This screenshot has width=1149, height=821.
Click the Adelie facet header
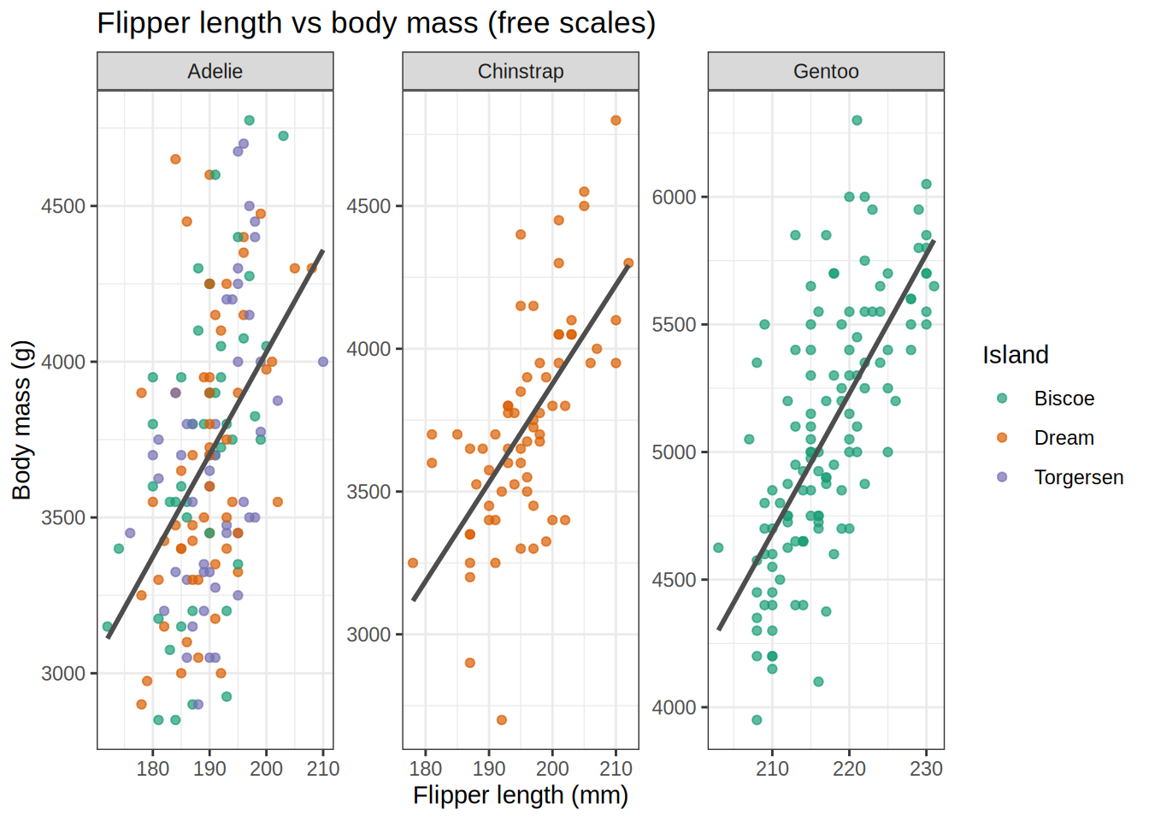pyautogui.click(x=215, y=71)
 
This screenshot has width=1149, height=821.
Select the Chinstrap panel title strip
pyautogui.click(x=520, y=71)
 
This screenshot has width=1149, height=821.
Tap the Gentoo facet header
pyautogui.click(x=826, y=71)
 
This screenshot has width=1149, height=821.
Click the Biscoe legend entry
pyautogui.click(x=1064, y=399)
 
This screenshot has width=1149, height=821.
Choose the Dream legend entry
pyautogui.click(x=1064, y=438)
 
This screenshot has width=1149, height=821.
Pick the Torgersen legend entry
pyautogui.click(x=1078, y=477)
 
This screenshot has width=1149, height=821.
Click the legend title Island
pyautogui.click(x=1015, y=355)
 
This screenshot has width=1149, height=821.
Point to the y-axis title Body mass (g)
pyautogui.click(x=21, y=420)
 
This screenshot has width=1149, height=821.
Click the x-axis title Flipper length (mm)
pyautogui.click(x=520, y=795)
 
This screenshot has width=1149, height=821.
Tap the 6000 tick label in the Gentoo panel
pyautogui.click(x=674, y=197)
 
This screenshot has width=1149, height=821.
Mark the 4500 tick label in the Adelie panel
pyautogui.click(x=63, y=206)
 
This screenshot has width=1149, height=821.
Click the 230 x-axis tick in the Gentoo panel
pyautogui.click(x=926, y=769)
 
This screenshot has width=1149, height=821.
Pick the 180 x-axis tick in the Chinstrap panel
pyautogui.click(x=426, y=769)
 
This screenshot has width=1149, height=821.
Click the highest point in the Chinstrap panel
pyautogui.click(x=616, y=121)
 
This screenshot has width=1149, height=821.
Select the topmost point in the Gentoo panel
pyautogui.click(x=857, y=121)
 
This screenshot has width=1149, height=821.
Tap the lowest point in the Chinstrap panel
pyautogui.click(x=502, y=720)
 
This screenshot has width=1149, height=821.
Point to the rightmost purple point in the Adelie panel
pyautogui.click(x=323, y=362)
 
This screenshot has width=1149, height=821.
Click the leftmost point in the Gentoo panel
pyautogui.click(x=718, y=547)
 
